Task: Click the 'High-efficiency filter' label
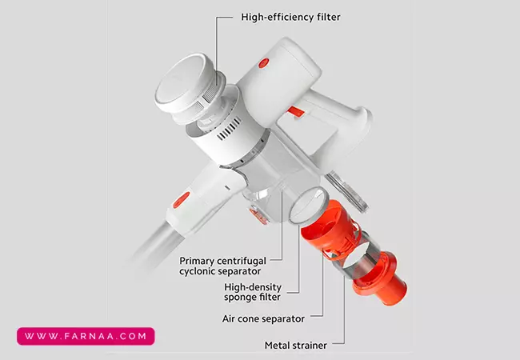click(x=290, y=18)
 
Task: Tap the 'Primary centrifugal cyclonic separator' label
click(x=222, y=266)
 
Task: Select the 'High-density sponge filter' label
click(x=253, y=292)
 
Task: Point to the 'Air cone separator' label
click(x=263, y=319)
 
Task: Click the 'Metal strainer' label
click(x=296, y=346)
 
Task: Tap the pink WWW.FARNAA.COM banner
click(x=86, y=336)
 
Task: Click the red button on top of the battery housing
click(x=264, y=63)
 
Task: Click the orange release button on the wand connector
click(x=182, y=200)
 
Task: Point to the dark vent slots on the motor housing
click(x=229, y=128)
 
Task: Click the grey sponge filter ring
click(x=309, y=206)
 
